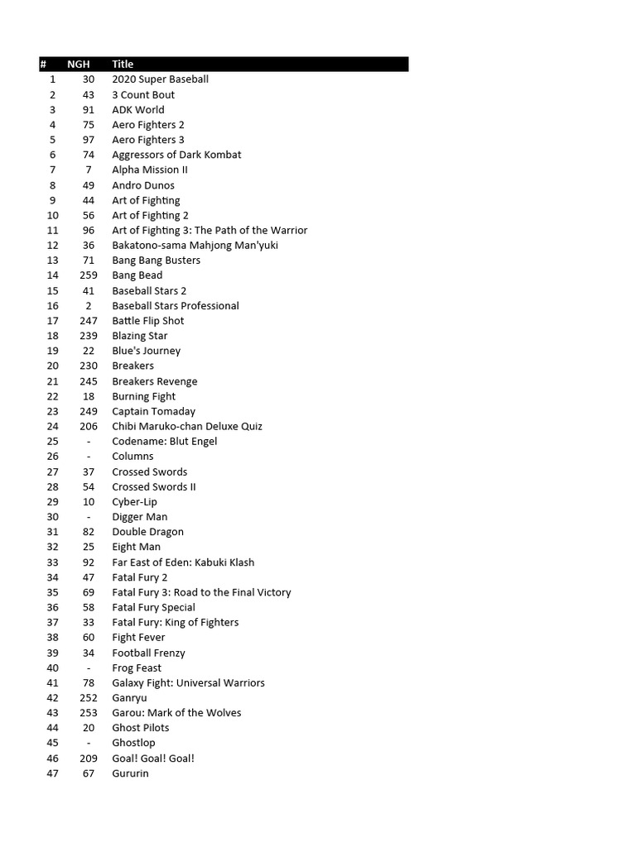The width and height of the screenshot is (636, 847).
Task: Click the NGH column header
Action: click(x=79, y=64)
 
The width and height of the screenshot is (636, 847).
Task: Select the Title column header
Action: click(x=123, y=64)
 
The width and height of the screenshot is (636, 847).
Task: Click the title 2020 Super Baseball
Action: click(x=160, y=79)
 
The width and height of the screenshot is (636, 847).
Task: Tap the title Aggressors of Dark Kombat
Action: click(x=176, y=155)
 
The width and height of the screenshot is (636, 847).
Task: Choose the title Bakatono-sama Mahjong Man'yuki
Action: click(x=195, y=245)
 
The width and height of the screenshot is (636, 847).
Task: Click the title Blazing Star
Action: click(x=140, y=336)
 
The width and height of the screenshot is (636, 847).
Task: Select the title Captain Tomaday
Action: click(x=154, y=411)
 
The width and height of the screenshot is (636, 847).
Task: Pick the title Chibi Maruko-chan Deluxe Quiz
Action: click(x=187, y=426)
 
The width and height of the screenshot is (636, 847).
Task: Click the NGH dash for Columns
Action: click(x=89, y=457)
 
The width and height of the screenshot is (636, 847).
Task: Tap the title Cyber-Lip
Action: click(x=134, y=502)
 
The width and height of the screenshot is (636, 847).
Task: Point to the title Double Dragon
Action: click(x=147, y=532)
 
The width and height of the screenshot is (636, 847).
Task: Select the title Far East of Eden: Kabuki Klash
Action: click(x=183, y=562)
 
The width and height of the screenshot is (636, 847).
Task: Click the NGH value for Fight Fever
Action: click(x=89, y=638)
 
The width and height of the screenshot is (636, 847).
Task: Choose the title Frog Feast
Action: click(x=137, y=668)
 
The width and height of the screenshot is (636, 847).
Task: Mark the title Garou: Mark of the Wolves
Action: click(x=176, y=713)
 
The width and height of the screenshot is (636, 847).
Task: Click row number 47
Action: click(x=52, y=773)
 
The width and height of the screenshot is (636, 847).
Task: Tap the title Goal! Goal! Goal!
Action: click(x=153, y=758)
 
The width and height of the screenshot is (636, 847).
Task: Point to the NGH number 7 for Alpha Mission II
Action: click(x=89, y=170)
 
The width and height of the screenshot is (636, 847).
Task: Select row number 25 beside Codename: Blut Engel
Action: click(x=52, y=442)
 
